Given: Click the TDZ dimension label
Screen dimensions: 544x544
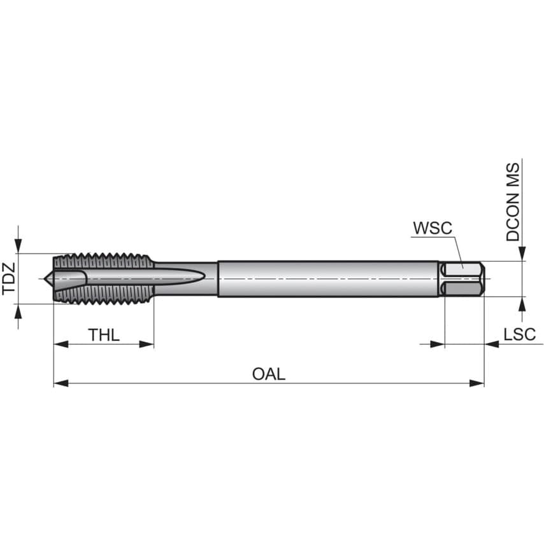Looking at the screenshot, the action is (x=9, y=278).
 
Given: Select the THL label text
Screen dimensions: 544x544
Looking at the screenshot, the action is (x=104, y=335).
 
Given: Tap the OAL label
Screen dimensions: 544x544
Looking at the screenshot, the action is (x=269, y=374).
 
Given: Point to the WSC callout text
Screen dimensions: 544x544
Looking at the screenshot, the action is (x=433, y=228).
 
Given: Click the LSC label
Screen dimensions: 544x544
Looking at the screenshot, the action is (x=519, y=334).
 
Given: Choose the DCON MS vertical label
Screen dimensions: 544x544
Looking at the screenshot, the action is (x=513, y=202).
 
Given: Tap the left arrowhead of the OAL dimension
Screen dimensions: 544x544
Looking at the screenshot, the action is (x=61, y=383).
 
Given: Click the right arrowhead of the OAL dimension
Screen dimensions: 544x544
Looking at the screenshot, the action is (x=476, y=383).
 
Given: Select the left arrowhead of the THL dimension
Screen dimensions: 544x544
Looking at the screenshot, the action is (x=61, y=344).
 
